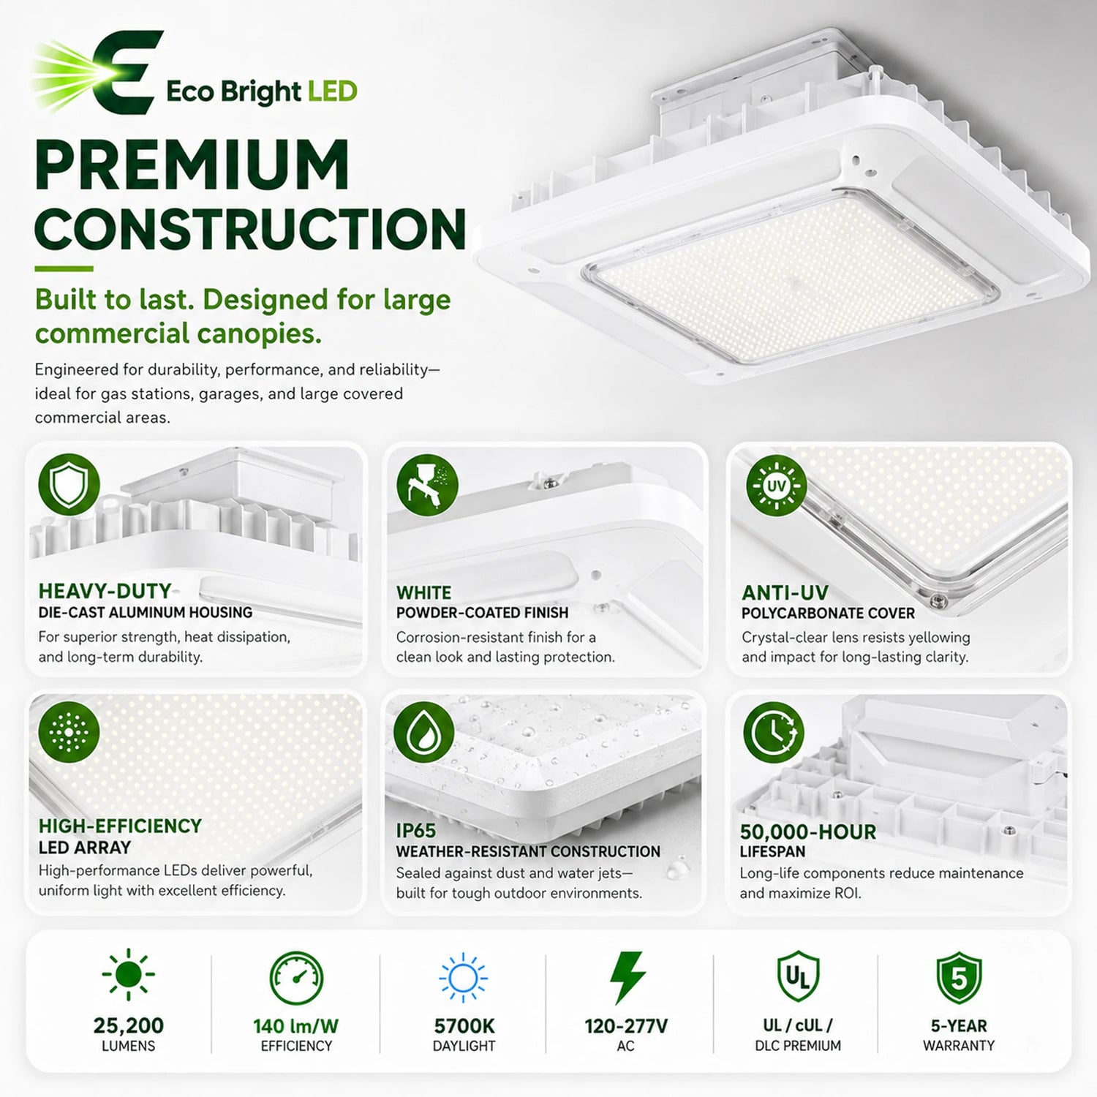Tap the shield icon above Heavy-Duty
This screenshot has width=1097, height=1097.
point(69,484)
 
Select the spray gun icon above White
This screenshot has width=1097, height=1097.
point(427,484)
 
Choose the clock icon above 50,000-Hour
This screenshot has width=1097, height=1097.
point(774,733)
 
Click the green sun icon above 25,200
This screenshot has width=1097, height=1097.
point(128,974)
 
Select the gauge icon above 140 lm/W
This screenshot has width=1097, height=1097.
point(296,978)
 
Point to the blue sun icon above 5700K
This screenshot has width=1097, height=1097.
point(464,978)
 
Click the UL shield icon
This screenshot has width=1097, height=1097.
point(797,976)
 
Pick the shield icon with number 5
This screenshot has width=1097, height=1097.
point(958,978)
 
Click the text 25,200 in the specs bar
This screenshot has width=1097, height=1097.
point(129,1026)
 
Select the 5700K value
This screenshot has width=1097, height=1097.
point(464,1026)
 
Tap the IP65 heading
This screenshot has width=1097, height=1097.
point(415,831)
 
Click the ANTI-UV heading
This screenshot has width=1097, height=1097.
point(785,592)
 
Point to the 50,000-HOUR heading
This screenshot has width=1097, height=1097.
point(807,832)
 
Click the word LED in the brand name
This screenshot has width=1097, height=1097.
point(333,91)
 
